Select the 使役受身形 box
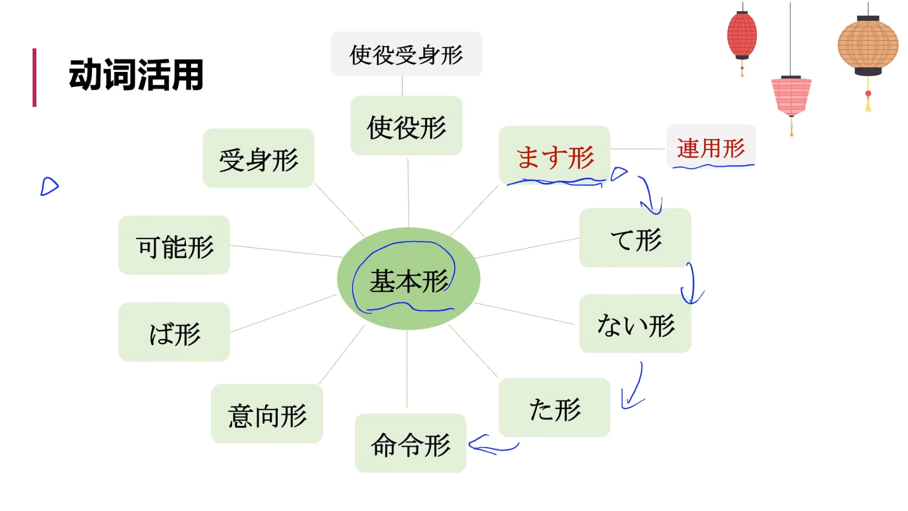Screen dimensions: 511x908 point(406,54)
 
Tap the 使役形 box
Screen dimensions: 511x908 point(406,126)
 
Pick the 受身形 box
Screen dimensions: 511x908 point(258,158)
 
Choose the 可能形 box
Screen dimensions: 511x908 point(174,245)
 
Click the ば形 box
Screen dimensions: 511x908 point(174,332)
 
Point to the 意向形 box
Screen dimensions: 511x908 point(267,414)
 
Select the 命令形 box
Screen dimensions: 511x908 point(410,443)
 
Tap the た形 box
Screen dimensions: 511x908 point(554,408)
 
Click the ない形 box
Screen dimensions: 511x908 point(635,324)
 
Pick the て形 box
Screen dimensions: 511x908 point(635,238)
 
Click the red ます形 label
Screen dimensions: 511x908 point(554,156)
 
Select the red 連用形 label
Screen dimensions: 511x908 point(711,147)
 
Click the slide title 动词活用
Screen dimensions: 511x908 point(136,75)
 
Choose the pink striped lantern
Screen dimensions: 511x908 point(791,96)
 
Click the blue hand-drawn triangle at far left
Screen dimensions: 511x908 point(49,186)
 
